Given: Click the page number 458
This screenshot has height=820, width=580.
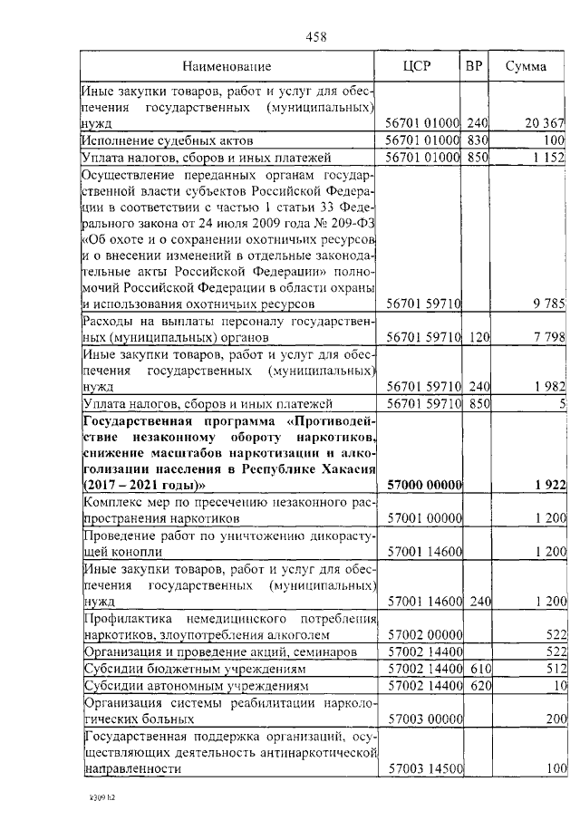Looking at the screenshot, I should [316, 37].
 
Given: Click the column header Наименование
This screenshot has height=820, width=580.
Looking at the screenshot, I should [227, 66].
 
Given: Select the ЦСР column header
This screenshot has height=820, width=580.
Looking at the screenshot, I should [417, 66].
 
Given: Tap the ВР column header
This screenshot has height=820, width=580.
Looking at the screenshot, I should [474, 66].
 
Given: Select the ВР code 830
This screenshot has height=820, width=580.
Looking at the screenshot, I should [478, 141].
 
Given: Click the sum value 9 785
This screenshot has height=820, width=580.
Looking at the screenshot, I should [549, 301].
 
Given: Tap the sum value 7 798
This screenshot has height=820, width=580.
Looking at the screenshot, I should [549, 336].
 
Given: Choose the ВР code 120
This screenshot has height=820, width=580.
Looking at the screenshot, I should [478, 336].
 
